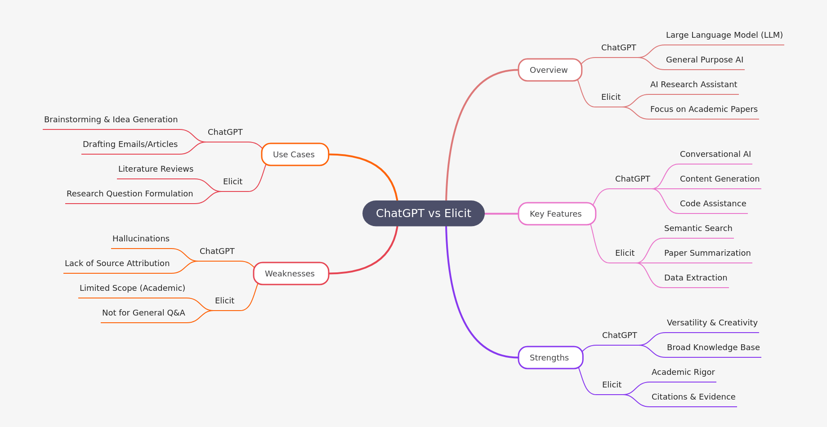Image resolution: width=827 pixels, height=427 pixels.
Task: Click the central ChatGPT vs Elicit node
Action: point(423,213)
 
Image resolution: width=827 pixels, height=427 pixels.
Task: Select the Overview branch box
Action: point(550,70)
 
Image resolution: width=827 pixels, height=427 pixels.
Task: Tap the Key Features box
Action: point(556,214)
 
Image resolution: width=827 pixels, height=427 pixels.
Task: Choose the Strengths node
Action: point(550,358)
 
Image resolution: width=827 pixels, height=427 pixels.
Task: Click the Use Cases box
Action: point(295,155)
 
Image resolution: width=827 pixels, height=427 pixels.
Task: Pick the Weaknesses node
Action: point(291,274)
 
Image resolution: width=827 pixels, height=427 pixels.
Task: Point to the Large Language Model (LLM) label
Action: point(724,35)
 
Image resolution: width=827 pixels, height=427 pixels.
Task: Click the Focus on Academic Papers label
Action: point(703,109)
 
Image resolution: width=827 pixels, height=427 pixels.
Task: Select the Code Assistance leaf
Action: point(713,204)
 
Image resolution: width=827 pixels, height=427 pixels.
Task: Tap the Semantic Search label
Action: point(698,228)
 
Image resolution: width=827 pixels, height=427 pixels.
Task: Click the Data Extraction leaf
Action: point(695,278)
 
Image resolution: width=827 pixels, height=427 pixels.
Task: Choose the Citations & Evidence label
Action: point(693,397)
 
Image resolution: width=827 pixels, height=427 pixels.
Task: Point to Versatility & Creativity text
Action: point(712,323)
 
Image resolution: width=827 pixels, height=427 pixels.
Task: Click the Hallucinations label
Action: point(141,239)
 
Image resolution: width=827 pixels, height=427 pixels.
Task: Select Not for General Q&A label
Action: point(143,313)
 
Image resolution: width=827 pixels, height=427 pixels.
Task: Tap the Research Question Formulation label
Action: point(130,194)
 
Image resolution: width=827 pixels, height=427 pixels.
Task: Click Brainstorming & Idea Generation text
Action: point(111,120)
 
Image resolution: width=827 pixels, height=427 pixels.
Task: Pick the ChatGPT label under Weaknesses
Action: point(217,251)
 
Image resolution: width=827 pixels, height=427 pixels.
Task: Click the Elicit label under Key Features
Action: point(625,253)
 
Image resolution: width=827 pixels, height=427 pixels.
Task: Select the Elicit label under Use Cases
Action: point(232,182)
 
